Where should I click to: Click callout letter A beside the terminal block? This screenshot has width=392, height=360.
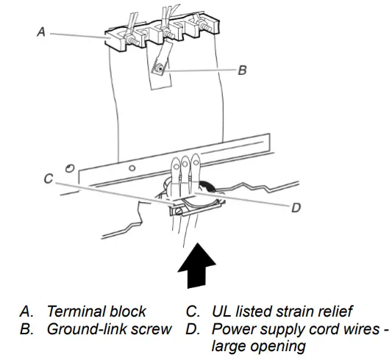[x=40, y=32]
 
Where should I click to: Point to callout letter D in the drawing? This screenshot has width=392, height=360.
[x=296, y=207]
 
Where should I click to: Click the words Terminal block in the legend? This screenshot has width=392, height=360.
[x=96, y=311]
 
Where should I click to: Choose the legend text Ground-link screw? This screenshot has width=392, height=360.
[x=109, y=328]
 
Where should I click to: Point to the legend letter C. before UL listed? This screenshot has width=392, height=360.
[x=193, y=311]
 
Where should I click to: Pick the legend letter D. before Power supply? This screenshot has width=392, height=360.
[x=193, y=328]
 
